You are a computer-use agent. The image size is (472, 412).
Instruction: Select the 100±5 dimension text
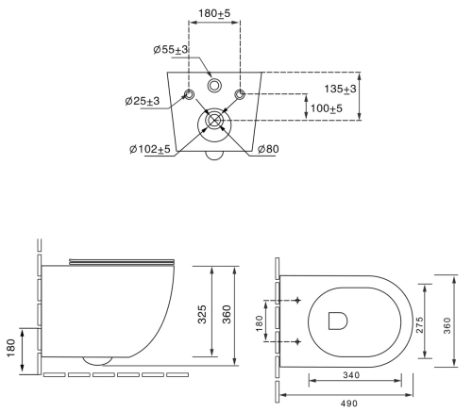click(x=325, y=109)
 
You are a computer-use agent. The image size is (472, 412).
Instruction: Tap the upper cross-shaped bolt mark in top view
click(x=299, y=300)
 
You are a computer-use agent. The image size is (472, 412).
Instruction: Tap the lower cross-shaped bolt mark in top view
click(x=299, y=340)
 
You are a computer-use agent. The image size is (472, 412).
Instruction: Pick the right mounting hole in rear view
click(x=240, y=94)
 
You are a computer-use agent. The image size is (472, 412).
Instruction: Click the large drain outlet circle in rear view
click(x=214, y=121)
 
